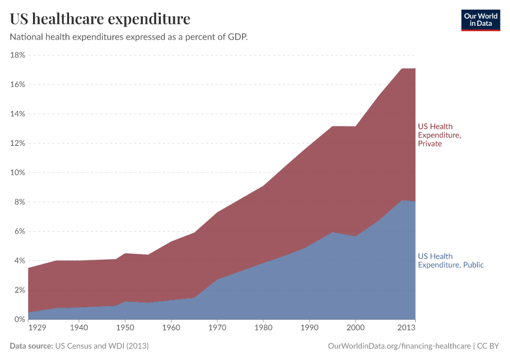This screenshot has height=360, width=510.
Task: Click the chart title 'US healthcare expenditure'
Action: coord(100,19)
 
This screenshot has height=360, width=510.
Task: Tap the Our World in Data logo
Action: coord(480,19)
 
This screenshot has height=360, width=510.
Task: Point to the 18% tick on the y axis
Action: coord(17,55)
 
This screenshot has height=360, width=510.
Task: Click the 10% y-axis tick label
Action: coord(17,173)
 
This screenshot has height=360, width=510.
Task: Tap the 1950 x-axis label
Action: coord(125,328)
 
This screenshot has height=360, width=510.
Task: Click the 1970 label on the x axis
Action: coord(217,328)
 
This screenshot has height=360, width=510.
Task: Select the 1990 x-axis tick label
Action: coord(309,328)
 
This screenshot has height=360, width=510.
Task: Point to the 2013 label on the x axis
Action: coord(406,328)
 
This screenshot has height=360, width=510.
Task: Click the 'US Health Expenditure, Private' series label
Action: coord(439,135)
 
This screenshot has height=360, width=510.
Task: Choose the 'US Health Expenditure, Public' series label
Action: coord(450,260)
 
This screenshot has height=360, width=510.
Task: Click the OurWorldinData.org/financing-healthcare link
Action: coord(399,346)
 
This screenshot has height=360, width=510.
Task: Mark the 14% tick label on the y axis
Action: coord(17,114)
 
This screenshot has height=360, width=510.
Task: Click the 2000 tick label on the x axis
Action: coord(355,328)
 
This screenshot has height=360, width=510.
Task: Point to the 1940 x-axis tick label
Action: coord(79,328)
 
